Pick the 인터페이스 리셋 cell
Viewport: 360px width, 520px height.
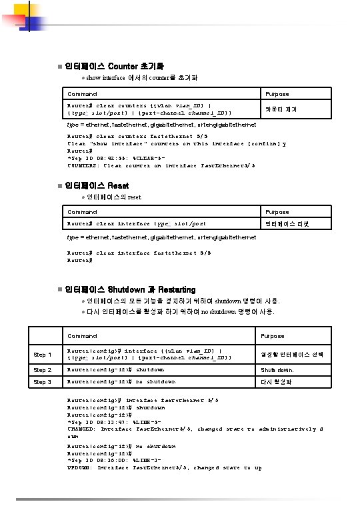pyautogui.click(x=287, y=223)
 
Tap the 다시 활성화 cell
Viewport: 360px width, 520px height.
pyautogui.click(x=276, y=382)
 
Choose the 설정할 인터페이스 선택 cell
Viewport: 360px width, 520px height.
pyautogui.click(x=292, y=354)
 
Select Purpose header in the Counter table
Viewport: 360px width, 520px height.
pyautogui.click(x=277, y=95)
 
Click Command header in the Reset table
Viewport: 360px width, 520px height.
pyautogui.click(x=82, y=212)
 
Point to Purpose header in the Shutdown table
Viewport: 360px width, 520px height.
pyautogui.click(x=272, y=336)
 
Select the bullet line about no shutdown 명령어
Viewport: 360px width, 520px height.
pyautogui.click(x=180, y=311)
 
